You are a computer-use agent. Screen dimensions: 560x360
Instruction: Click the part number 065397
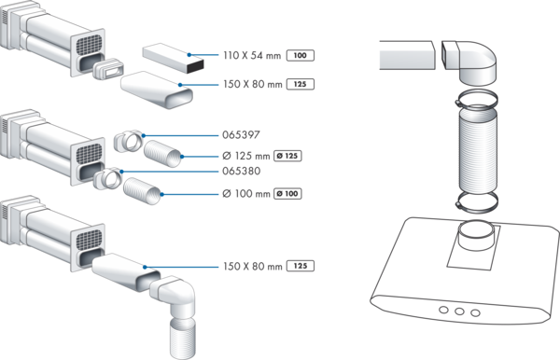(241, 135)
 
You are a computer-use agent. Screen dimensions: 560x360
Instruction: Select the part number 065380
(242, 171)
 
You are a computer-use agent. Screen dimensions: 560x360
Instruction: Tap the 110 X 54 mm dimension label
(252, 55)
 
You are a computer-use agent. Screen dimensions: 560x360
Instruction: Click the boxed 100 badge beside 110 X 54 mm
(301, 55)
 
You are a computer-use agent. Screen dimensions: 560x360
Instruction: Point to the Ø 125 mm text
(246, 156)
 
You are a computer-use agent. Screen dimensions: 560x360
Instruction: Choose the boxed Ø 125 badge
(287, 156)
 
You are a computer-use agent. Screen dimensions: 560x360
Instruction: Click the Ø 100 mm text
(246, 194)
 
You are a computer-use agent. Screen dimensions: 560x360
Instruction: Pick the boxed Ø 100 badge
(287, 194)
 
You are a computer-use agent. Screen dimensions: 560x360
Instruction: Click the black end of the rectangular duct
(195, 67)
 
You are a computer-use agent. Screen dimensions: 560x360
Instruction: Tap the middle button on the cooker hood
(459, 312)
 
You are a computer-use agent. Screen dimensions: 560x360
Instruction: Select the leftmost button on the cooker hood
(443, 310)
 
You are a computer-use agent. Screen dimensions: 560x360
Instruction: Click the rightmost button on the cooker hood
(475, 313)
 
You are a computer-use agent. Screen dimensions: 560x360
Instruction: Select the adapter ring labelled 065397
(128, 141)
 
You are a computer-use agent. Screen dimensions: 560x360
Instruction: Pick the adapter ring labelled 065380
(107, 178)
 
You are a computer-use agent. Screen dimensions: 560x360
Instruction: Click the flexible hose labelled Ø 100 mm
(142, 191)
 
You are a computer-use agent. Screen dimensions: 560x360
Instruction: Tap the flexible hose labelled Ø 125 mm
(162, 153)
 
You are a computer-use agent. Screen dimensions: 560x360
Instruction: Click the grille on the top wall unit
(90, 45)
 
